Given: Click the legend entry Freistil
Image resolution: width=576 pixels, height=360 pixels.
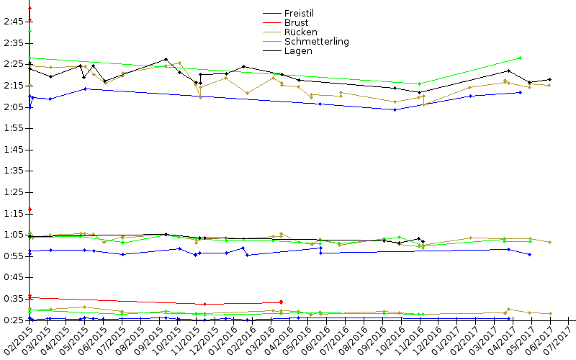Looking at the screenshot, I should point(301,14).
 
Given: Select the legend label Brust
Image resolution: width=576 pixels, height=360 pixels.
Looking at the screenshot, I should point(296,23).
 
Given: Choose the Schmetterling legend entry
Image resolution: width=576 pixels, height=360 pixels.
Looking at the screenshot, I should point(317,42).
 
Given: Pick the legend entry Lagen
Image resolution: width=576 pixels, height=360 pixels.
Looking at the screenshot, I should point(298,51).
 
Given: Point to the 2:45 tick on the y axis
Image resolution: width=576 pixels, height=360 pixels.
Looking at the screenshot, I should point(12,22).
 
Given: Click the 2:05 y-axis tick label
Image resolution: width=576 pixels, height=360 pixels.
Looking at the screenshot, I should point(12,107).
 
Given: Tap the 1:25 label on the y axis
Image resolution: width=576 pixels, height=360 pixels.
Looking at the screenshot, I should point(12,192).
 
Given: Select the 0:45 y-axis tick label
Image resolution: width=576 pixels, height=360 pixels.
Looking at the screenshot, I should point(12,277).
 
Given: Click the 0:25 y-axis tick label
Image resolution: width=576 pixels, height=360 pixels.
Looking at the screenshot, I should point(12,320).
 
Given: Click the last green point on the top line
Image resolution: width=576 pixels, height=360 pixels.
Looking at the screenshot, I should point(520,58).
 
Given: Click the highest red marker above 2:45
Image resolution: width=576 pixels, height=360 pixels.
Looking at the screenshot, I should point(30,8).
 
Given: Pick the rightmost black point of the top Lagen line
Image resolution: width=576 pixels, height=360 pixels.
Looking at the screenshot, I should point(549,79).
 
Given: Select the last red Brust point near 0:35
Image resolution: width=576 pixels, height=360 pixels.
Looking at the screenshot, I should point(281,302).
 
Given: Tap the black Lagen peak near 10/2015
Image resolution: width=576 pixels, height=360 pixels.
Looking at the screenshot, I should point(166,59).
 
